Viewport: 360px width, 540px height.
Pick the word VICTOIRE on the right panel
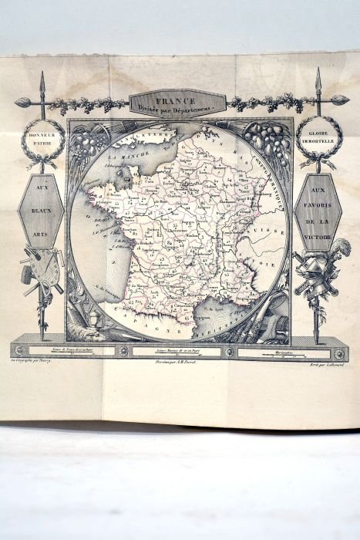318,237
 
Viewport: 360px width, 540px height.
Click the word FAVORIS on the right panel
318,210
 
